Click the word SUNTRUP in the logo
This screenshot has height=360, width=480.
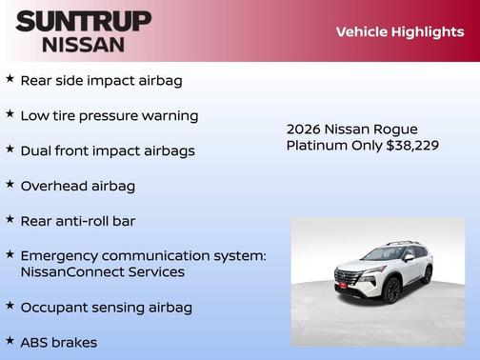(x=84, y=21)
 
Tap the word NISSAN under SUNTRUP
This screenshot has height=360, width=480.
(x=84, y=44)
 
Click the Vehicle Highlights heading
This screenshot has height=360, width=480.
(x=399, y=32)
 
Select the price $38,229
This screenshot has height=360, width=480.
(x=411, y=145)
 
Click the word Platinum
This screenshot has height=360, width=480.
(x=317, y=145)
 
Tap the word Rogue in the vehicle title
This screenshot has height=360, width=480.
(x=395, y=129)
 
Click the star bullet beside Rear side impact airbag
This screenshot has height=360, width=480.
(x=10, y=79)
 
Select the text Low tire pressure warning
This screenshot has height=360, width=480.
(x=109, y=115)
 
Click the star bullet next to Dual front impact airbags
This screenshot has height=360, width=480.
(x=10, y=150)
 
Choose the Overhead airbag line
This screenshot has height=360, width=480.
(x=77, y=186)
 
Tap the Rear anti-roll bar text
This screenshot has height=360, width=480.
(x=78, y=220)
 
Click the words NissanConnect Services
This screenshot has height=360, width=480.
(x=102, y=271)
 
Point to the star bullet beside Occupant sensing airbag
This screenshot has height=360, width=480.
(x=10, y=306)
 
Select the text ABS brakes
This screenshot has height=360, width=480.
(x=58, y=341)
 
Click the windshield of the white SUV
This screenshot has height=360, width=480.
(x=385, y=254)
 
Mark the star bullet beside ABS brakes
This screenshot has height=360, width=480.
(x=10, y=340)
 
